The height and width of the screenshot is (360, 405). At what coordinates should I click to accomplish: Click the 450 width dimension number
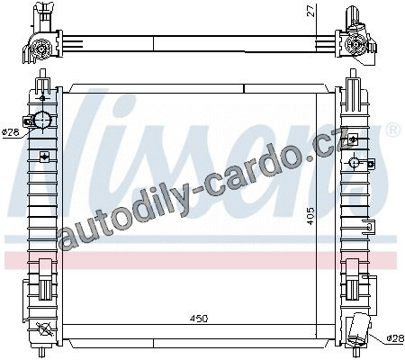199,319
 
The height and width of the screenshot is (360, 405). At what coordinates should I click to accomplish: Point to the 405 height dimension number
310,216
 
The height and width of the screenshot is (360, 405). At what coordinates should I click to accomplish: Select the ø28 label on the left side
11,131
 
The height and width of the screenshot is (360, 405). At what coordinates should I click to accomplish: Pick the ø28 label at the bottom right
395,338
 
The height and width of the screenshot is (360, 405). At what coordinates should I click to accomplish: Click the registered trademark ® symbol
395,130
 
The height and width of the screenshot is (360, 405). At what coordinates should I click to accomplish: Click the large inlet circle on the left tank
42,121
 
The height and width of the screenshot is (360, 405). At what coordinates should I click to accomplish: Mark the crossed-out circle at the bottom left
43,329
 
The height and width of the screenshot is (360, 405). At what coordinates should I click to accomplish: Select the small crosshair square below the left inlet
45,157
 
